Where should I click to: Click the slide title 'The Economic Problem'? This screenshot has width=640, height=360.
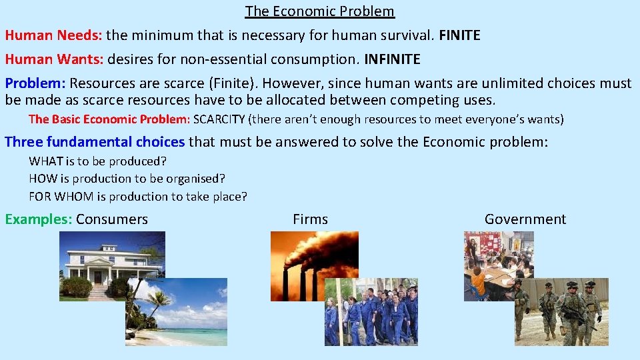319,11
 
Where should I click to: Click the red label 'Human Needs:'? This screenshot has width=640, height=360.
53,35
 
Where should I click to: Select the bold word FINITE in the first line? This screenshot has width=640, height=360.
459,35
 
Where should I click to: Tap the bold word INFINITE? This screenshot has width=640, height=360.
392,59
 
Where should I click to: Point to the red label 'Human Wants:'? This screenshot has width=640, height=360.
53,59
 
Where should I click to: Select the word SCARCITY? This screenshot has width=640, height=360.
219,120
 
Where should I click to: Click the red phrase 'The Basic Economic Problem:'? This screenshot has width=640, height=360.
109,120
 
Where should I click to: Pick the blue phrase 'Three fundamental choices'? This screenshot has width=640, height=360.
95,141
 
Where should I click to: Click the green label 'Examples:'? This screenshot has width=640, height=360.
38,219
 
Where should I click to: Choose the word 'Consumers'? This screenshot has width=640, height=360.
112,219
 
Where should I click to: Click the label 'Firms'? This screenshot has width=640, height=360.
310,219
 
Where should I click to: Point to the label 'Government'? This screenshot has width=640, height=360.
525,219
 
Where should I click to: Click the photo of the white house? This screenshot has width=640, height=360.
100,257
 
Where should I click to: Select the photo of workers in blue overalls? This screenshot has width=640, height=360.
371,312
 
